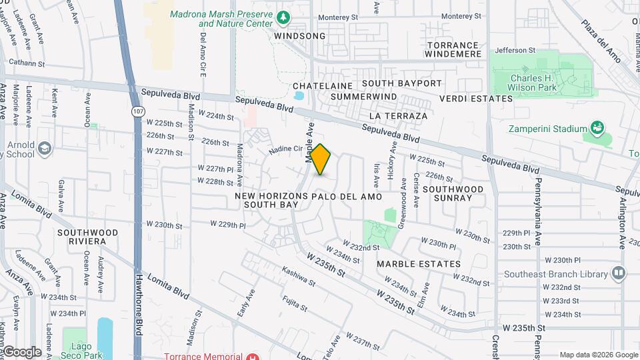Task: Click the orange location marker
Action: pos(321,159)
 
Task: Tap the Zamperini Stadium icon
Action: pos(597,128)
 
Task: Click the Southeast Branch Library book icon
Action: pos(619,273)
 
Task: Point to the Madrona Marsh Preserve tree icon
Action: pos(284,15)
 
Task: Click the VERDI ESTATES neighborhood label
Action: pos(476,99)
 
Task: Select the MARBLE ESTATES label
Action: pos(419,264)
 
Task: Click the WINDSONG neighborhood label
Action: pos(300,36)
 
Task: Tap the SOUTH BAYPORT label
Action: pos(402,83)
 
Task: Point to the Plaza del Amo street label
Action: pos(601,42)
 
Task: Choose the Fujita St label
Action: pos(294,304)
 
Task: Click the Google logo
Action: pos(21,352)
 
